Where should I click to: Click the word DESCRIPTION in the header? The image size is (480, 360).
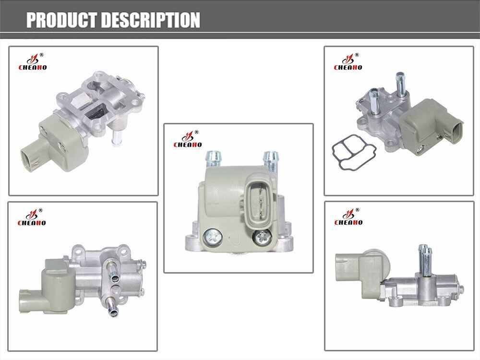(x=151, y=20)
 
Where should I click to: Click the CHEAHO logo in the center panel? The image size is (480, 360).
(x=188, y=139)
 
